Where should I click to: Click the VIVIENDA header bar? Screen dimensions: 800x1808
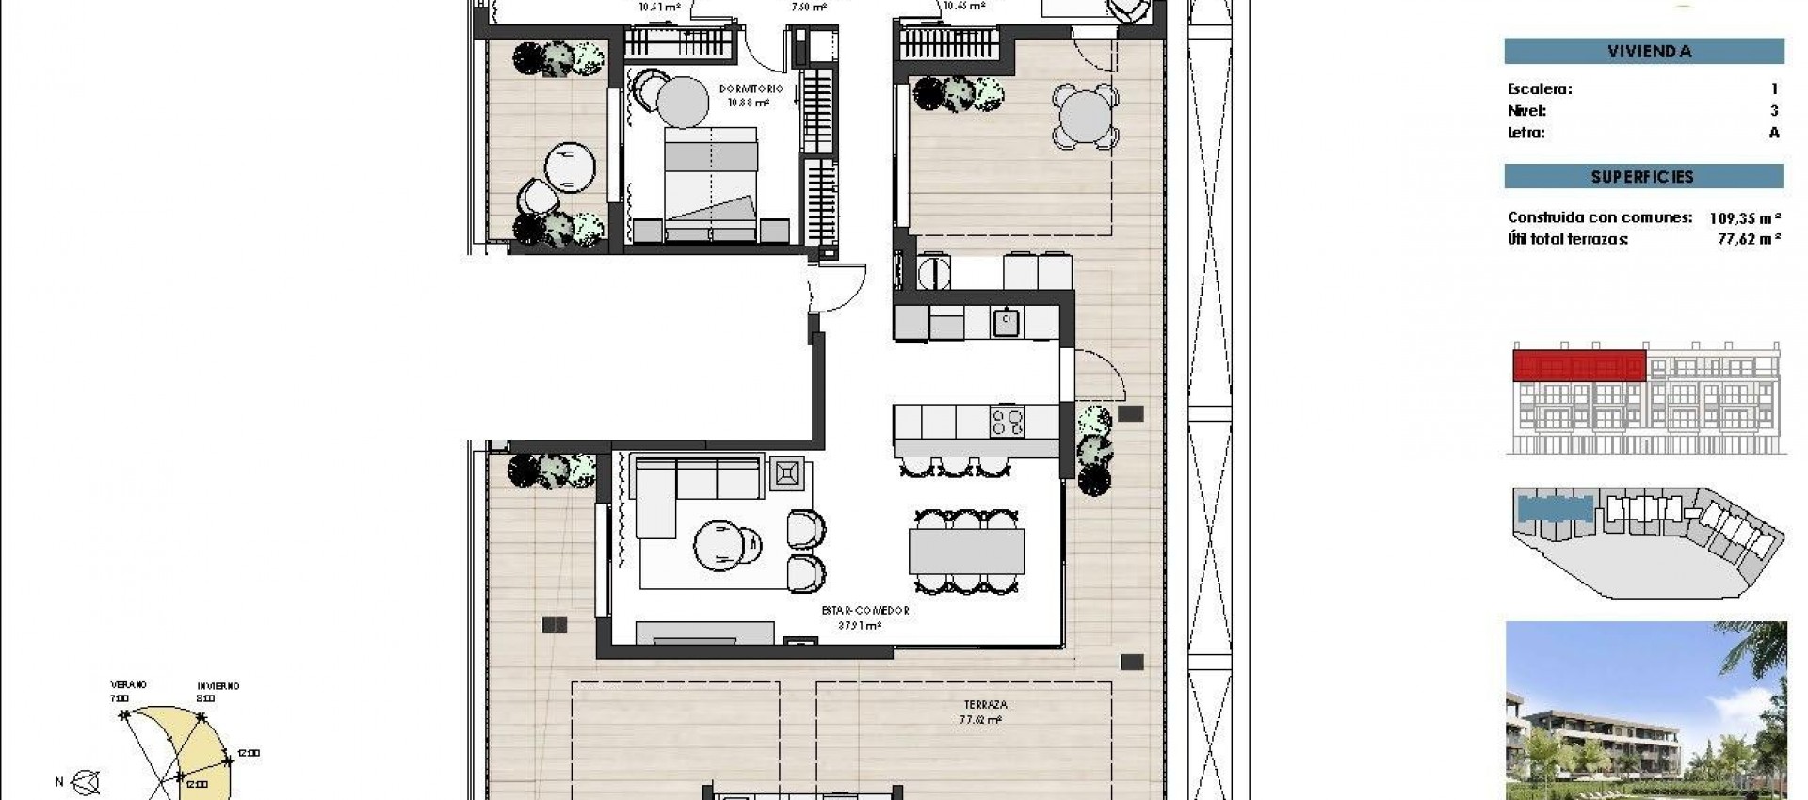pyautogui.click(x=1643, y=52)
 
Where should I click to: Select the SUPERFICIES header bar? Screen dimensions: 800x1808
pyautogui.click(x=1643, y=177)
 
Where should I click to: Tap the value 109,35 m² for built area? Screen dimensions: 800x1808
pyautogui.click(x=1745, y=218)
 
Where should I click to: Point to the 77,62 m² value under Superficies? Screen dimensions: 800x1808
pyautogui.click(x=1749, y=240)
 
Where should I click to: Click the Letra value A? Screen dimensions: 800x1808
pyautogui.click(x=1774, y=133)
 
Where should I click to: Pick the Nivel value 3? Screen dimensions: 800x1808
pyautogui.click(x=1774, y=111)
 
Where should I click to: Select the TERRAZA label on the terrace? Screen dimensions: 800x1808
pyautogui.click(x=985, y=705)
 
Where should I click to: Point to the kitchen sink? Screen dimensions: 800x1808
pyautogui.click(x=1006, y=323)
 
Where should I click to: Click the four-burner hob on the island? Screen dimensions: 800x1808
pyautogui.click(x=1006, y=420)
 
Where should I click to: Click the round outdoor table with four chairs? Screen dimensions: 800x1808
pyautogui.click(x=1085, y=118)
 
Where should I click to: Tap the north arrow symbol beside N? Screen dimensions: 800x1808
pyautogui.click(x=87, y=781)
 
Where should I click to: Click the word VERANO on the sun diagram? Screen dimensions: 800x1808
pyautogui.click(x=128, y=685)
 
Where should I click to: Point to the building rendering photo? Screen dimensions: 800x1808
pyautogui.click(x=1645, y=711)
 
